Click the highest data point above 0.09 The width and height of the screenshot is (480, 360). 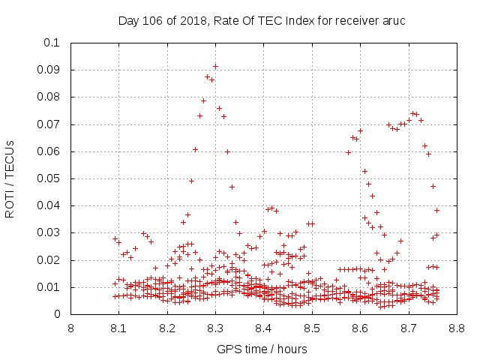pyautogui.click(x=215, y=67)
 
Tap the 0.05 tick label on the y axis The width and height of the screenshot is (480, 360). pyautogui.click(x=48, y=178)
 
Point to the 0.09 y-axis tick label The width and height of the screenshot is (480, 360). pyautogui.click(x=48, y=70)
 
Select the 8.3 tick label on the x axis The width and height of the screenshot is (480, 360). pyautogui.click(x=215, y=328)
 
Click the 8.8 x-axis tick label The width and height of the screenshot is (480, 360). pyautogui.click(x=457, y=328)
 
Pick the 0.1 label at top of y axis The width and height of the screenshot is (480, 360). pyautogui.click(x=52, y=43)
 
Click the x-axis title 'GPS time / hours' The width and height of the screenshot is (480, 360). pyautogui.click(x=262, y=349)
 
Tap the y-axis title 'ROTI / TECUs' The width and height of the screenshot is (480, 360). pyautogui.click(x=10, y=179)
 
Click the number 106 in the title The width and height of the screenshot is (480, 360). pyautogui.click(x=152, y=21)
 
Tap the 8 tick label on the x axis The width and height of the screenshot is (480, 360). pyautogui.click(x=70, y=328)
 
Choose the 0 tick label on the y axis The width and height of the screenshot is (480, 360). pyautogui.click(x=57, y=314)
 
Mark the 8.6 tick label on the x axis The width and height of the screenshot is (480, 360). pyautogui.click(x=360, y=328)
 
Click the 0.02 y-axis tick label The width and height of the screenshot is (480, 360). pyautogui.click(x=48, y=260)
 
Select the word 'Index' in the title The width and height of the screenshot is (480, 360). pyautogui.click(x=300, y=21)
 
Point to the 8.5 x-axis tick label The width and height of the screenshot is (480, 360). pyautogui.click(x=312, y=328)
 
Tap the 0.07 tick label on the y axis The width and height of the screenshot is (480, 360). pyautogui.click(x=48, y=124)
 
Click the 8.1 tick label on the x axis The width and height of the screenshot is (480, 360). pyautogui.click(x=118, y=328)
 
